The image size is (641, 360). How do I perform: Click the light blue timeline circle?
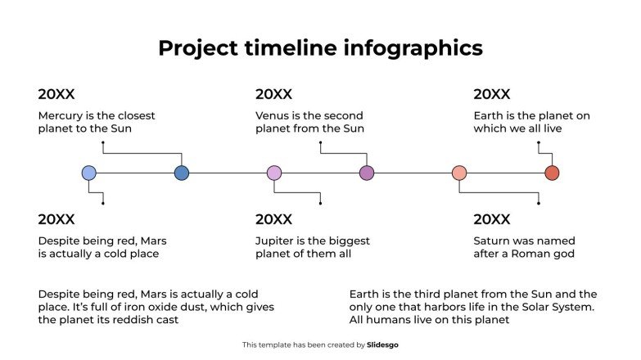click(x=89, y=173)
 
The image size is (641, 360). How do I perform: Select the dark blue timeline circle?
click(x=182, y=173)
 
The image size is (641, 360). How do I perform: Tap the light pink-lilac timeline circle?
click(x=274, y=173)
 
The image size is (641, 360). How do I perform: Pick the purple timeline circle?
click(x=367, y=173)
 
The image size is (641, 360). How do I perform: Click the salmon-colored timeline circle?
click(x=459, y=173)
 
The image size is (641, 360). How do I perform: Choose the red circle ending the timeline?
click(x=553, y=173)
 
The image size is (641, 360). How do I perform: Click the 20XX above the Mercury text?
click(x=56, y=95)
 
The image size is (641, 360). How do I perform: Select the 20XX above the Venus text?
click(x=273, y=95)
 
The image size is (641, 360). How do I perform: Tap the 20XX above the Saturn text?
click(x=492, y=219)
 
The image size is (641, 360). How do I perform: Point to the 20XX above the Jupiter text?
click(x=273, y=219)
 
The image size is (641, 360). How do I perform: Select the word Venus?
click(x=273, y=116)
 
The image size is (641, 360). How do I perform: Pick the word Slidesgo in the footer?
click(x=382, y=345)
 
